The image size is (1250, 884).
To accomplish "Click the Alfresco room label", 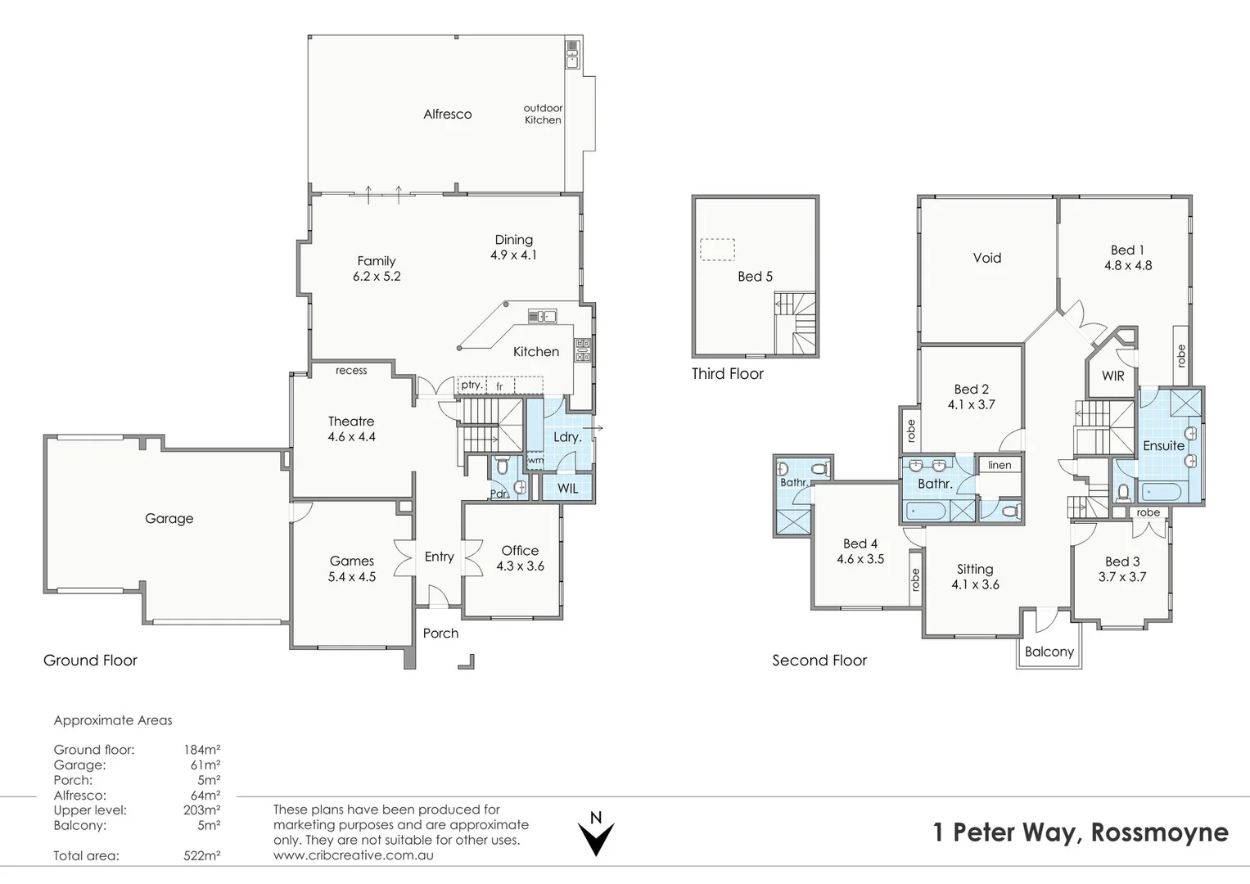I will pyautogui.click(x=447, y=115).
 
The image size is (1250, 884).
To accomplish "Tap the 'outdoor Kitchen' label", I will pyautogui.click(x=543, y=114).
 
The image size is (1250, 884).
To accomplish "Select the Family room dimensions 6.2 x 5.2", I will pyautogui.click(x=377, y=277).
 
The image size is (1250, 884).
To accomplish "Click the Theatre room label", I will pyautogui.click(x=351, y=422).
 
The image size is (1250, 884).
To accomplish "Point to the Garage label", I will pyautogui.click(x=169, y=518).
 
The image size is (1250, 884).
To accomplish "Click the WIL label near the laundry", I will pyautogui.click(x=567, y=488).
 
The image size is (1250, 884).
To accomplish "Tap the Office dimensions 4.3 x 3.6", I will pyautogui.click(x=520, y=566).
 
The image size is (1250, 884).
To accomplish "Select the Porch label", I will pyautogui.click(x=440, y=633).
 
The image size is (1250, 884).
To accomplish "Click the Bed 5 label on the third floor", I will pyautogui.click(x=755, y=277).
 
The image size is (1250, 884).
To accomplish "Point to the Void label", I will pyautogui.click(x=986, y=258).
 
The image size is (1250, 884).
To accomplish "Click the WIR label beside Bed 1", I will pyautogui.click(x=1112, y=376).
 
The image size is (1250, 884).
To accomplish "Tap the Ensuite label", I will pyautogui.click(x=1163, y=445).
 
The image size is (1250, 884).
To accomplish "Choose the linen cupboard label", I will pyautogui.click(x=1000, y=465).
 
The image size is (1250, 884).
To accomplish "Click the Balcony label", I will pyautogui.click(x=1049, y=652).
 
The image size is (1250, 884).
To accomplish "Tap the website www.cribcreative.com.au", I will pyautogui.click(x=353, y=855).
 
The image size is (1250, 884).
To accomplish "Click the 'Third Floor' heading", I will pyautogui.click(x=727, y=374).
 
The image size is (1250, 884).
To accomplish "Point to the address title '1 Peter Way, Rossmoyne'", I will pyautogui.click(x=1081, y=832).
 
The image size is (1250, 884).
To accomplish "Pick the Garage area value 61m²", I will pyautogui.click(x=205, y=765).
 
